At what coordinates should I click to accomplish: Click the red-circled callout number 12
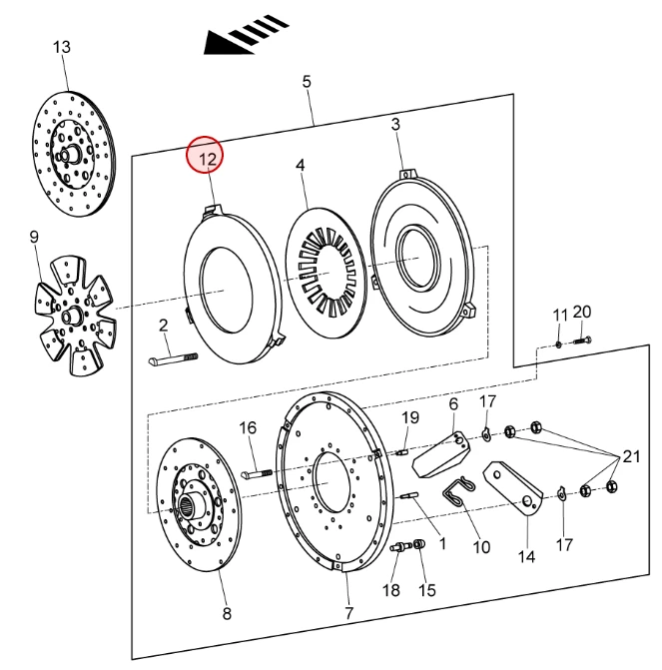click(x=207, y=156)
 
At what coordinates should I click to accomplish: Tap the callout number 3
click(x=395, y=124)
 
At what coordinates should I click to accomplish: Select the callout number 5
click(x=307, y=80)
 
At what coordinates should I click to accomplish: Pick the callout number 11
click(x=560, y=316)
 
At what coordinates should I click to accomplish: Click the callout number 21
click(x=630, y=457)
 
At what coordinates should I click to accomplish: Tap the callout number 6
click(x=452, y=403)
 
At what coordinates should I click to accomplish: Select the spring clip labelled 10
click(x=457, y=493)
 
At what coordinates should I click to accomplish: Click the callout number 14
click(x=525, y=556)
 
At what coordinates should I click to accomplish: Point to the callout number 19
click(x=410, y=416)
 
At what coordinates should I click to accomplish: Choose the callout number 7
click(x=349, y=612)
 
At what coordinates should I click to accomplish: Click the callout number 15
click(x=426, y=590)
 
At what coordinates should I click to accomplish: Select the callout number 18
click(x=392, y=590)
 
